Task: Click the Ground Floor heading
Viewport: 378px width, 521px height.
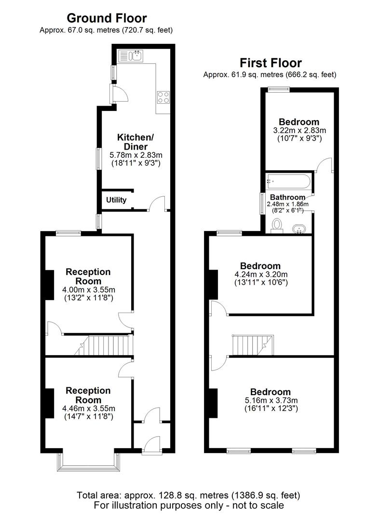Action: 106,18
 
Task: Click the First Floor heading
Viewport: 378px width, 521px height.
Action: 270,63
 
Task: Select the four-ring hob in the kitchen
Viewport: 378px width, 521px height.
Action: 163,97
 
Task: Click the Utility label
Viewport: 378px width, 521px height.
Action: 116,200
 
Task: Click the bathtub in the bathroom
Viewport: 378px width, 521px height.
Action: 288,182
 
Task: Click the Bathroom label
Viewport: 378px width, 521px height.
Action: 287,197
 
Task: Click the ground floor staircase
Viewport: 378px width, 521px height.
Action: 106,345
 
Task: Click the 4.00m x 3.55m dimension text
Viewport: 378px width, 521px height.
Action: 88,290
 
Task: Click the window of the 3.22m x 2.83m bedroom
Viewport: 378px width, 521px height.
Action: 279,89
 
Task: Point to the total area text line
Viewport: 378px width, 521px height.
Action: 189,495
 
